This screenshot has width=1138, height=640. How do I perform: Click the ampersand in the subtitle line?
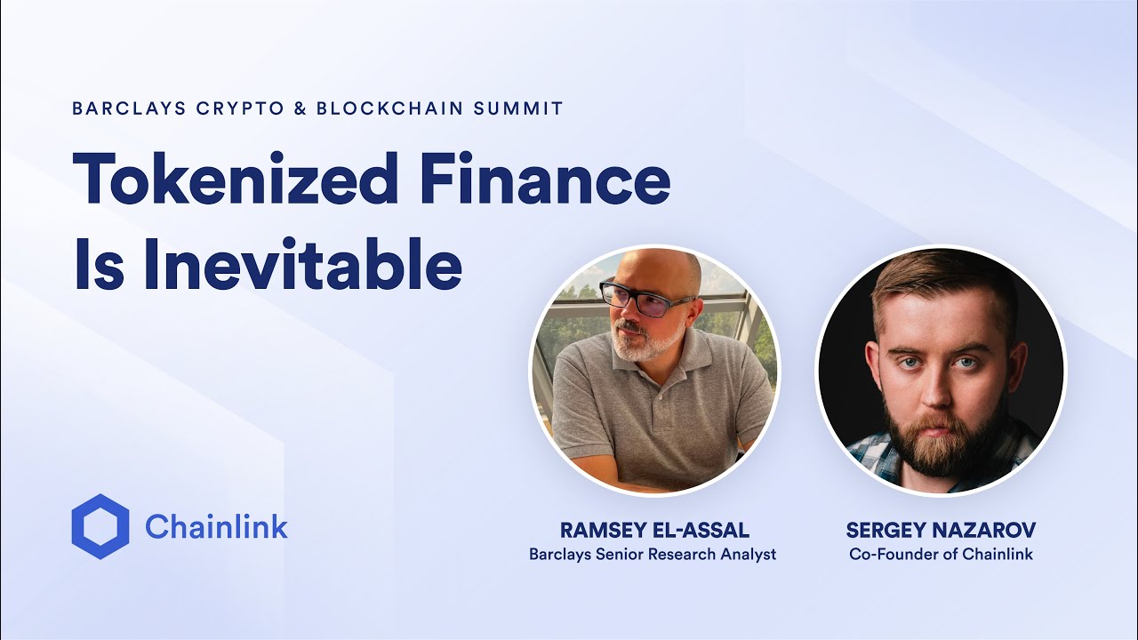click(x=301, y=108)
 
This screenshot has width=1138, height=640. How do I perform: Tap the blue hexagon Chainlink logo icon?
click(x=100, y=526)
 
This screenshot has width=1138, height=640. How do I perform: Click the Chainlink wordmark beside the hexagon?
click(x=216, y=527)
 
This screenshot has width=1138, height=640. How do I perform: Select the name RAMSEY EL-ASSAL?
click(x=654, y=531)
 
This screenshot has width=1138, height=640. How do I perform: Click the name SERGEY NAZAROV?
click(x=941, y=531)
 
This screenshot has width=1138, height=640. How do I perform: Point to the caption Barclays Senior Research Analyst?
click(x=653, y=554)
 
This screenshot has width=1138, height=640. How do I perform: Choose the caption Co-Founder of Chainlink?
click(x=941, y=554)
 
